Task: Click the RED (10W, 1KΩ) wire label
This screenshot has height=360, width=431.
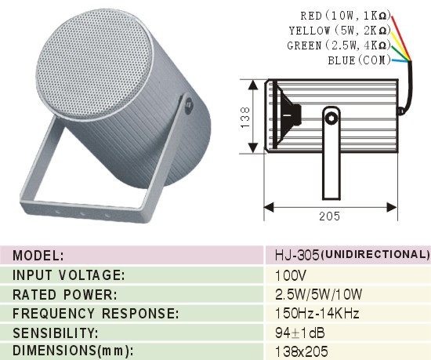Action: [x=346, y=16]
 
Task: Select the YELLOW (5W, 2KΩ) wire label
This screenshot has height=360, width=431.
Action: [x=340, y=31]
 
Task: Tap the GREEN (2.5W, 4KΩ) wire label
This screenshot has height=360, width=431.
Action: [x=339, y=45]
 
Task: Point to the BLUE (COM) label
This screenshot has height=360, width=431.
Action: [x=359, y=60]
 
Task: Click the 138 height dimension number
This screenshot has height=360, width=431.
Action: [x=245, y=117]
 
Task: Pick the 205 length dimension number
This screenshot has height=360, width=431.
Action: [x=329, y=216]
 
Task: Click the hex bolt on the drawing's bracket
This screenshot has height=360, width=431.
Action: [x=331, y=118]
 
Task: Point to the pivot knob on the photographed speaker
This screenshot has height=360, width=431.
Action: [x=189, y=105]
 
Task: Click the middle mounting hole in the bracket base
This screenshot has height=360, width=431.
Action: [x=82, y=213]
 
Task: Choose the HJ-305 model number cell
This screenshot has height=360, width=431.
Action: [x=297, y=255]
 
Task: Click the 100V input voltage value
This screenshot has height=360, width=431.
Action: [x=291, y=275]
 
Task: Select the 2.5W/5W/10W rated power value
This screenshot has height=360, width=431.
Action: [x=319, y=295]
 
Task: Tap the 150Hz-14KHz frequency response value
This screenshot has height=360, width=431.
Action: [x=317, y=313]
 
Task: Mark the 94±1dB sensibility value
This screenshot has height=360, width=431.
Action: [x=300, y=333]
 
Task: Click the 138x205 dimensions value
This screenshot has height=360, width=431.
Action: [x=302, y=351]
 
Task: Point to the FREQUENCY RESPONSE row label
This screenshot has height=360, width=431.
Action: [x=96, y=314]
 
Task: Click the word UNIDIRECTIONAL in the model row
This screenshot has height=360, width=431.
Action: [x=375, y=255]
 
